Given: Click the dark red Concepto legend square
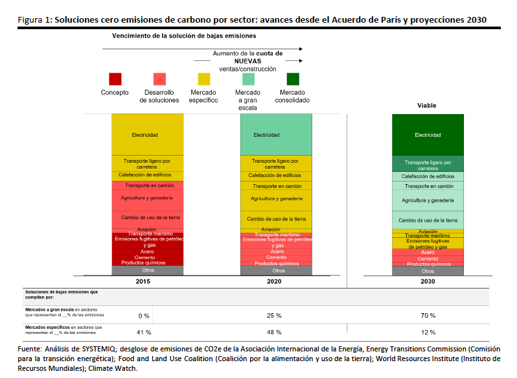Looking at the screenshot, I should (115, 78).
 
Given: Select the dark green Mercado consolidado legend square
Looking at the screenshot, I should (293, 78).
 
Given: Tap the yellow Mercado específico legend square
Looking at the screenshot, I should (204, 78).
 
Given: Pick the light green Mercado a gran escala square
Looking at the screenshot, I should (248, 78).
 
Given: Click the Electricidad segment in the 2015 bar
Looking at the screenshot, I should (147, 135).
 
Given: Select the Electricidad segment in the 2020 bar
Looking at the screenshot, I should (275, 135).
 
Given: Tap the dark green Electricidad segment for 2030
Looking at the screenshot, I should (428, 135).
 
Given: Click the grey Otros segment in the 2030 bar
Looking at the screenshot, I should (428, 271).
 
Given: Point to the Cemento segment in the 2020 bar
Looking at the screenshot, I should (275, 257).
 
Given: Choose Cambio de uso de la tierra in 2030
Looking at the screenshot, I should (428, 220).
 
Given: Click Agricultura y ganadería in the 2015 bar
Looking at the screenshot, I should (147, 197).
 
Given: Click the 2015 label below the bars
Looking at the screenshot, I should (147, 282).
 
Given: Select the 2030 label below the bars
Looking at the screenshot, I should (428, 282).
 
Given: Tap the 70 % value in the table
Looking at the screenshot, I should (428, 315).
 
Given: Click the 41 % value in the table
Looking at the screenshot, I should (144, 332).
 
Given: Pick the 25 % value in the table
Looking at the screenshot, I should (274, 315).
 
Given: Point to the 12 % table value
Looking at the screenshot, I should (428, 332).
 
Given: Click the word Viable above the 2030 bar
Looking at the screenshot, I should (427, 105).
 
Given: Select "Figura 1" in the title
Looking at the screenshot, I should (34, 20).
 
